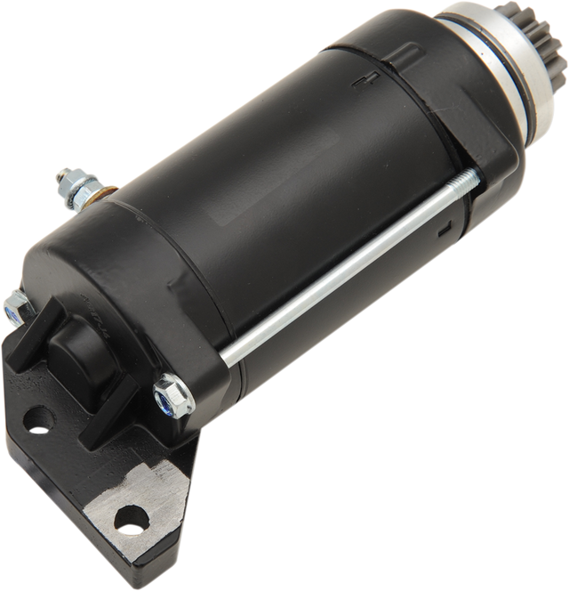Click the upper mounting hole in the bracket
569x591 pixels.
(36, 415)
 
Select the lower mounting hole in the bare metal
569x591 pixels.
(132, 514)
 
